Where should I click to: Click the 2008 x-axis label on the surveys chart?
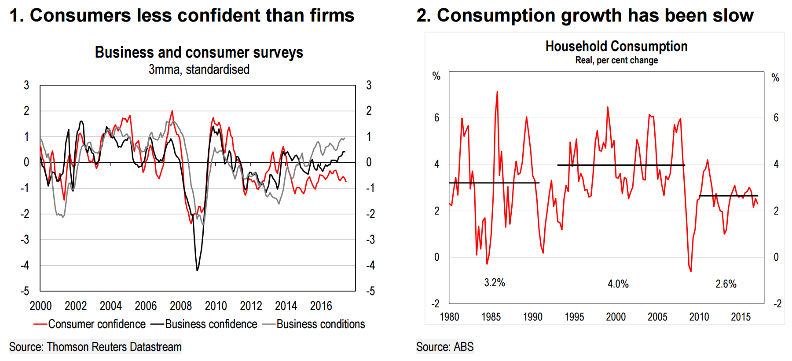pos(181,306)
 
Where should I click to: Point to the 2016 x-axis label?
pos(321,306)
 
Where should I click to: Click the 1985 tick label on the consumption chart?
pos(491,317)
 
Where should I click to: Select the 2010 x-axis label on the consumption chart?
pos(699,317)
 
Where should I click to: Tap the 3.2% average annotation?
pos(495,283)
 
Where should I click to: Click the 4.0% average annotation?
pos(618,284)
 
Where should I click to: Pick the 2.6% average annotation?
pos(726,284)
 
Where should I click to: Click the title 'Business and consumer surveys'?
pos(199,52)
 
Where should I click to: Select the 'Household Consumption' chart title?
pos(616,46)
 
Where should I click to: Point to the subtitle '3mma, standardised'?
pos(199,69)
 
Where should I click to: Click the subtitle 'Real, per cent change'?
pos(616,60)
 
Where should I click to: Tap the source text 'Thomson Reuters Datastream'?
pos(114,347)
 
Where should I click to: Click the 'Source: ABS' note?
pos(445,347)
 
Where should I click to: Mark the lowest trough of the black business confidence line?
pos(197,270)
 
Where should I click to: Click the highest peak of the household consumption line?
pos(497,92)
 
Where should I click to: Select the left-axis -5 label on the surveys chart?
pos(25,291)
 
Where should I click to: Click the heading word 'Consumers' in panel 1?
pos(81,15)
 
